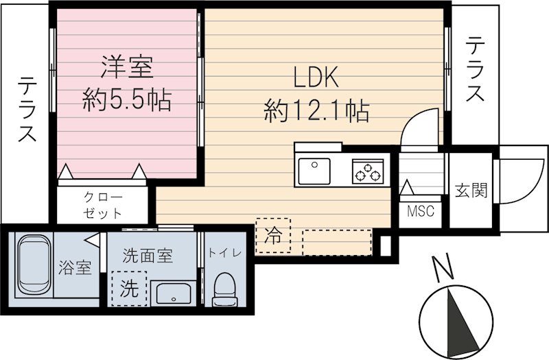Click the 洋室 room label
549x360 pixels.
[127, 69]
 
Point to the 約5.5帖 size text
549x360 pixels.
[127, 101]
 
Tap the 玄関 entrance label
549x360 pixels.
[470, 191]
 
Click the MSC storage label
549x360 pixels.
[421, 211]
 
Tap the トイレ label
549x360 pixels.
[225, 253]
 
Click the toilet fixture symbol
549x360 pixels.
[224, 290]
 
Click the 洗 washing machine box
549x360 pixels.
[129, 289]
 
